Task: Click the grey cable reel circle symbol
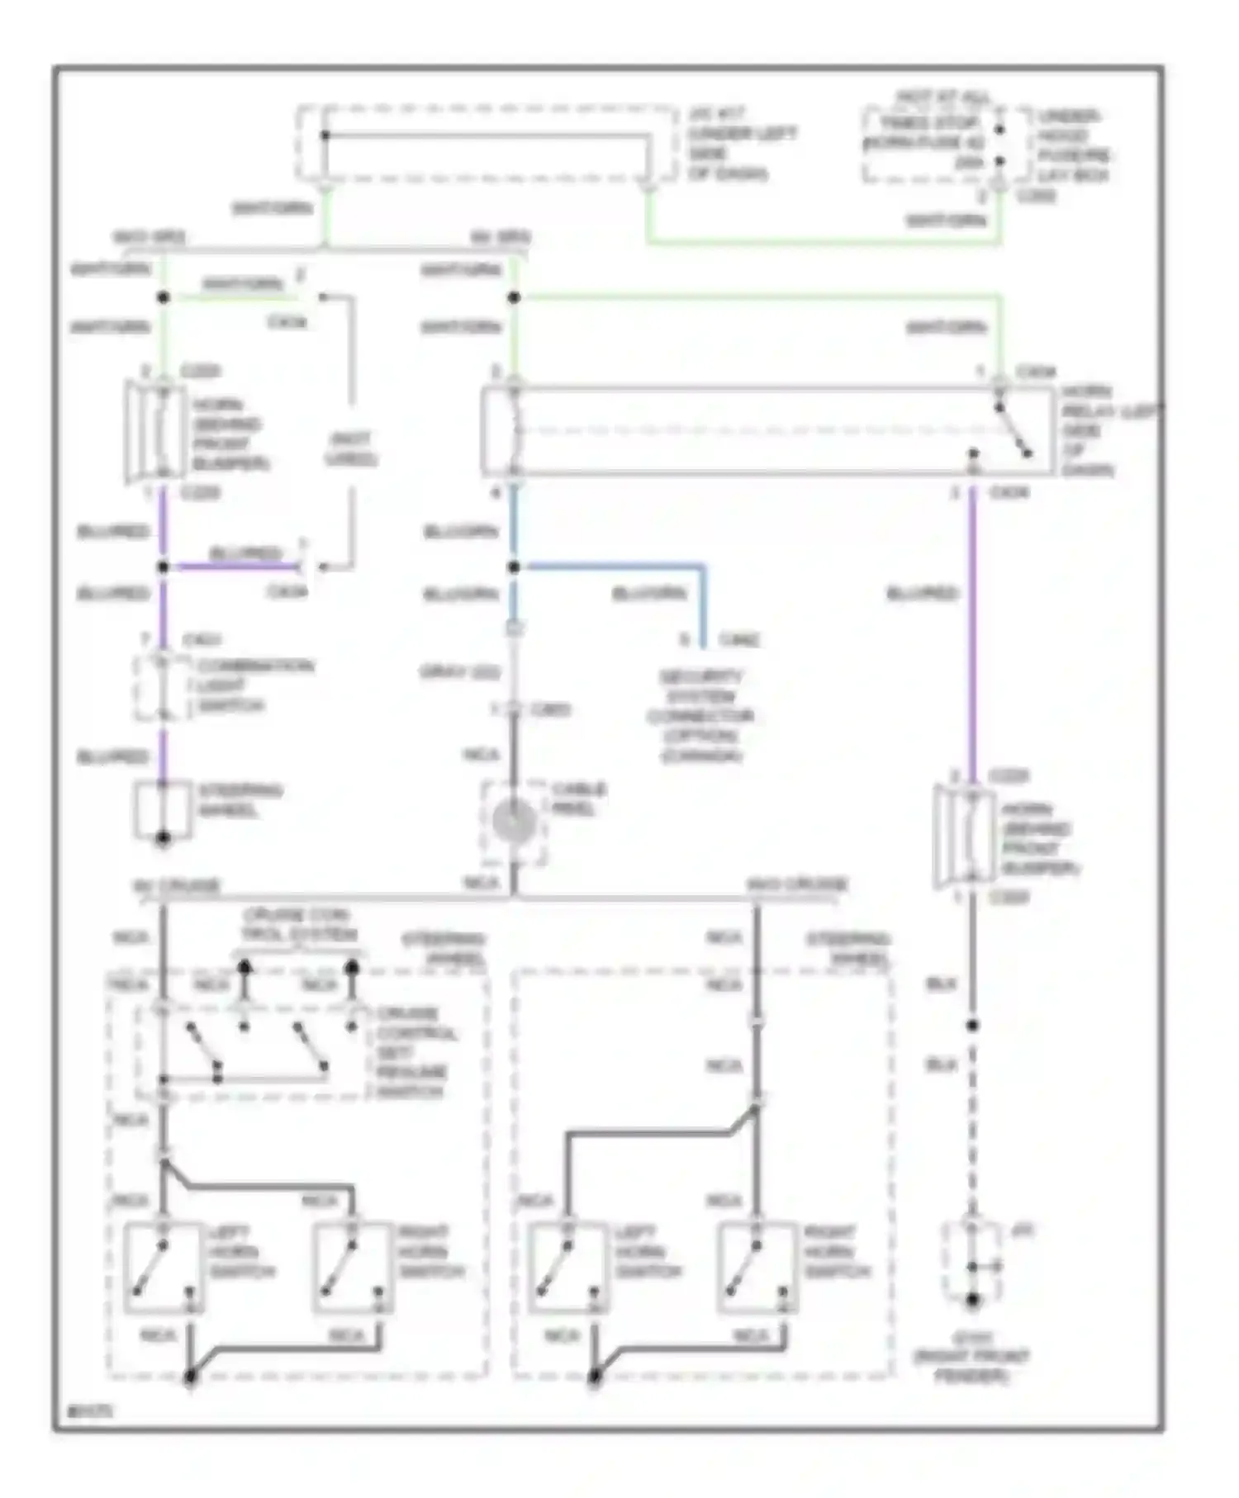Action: click(x=513, y=821)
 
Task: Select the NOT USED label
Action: click(x=350, y=448)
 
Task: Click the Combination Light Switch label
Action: click(x=254, y=685)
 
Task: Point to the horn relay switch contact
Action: click(x=1013, y=430)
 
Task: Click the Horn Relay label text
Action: click(x=1107, y=430)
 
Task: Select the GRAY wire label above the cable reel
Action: click(x=460, y=672)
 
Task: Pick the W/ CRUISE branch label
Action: click(x=177, y=886)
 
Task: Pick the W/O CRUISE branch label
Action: click(x=796, y=884)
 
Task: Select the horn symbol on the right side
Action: click(x=963, y=836)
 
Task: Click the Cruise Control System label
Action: click(x=297, y=925)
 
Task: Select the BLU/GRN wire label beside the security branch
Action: click(x=648, y=593)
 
